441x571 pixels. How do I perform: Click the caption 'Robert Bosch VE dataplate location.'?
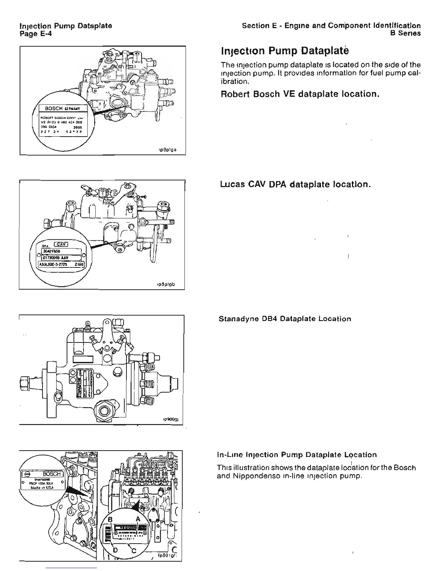(x=299, y=94)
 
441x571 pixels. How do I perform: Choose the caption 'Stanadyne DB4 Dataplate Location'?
(x=285, y=319)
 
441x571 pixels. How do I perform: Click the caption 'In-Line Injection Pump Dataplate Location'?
(x=297, y=455)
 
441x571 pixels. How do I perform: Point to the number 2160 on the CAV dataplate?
(x=79, y=264)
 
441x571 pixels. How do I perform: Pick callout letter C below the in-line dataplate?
(x=134, y=550)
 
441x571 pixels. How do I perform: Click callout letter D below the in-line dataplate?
(x=115, y=550)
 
